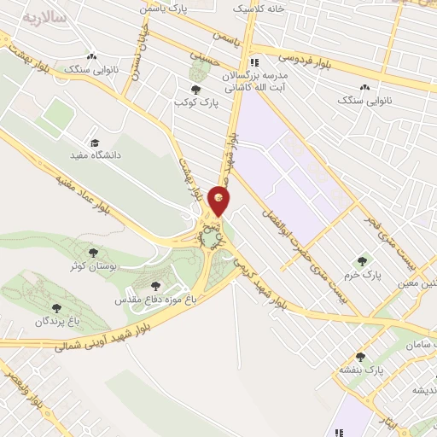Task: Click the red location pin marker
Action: click(x=219, y=201)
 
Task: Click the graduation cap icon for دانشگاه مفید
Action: click(x=96, y=143)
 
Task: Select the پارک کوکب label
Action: click(x=197, y=102)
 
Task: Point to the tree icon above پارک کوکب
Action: click(x=196, y=89)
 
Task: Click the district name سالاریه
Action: click(x=44, y=17)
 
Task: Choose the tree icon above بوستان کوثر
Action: click(x=93, y=253)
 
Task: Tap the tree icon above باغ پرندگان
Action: click(x=56, y=308)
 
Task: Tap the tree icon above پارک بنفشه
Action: click(x=360, y=357)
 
